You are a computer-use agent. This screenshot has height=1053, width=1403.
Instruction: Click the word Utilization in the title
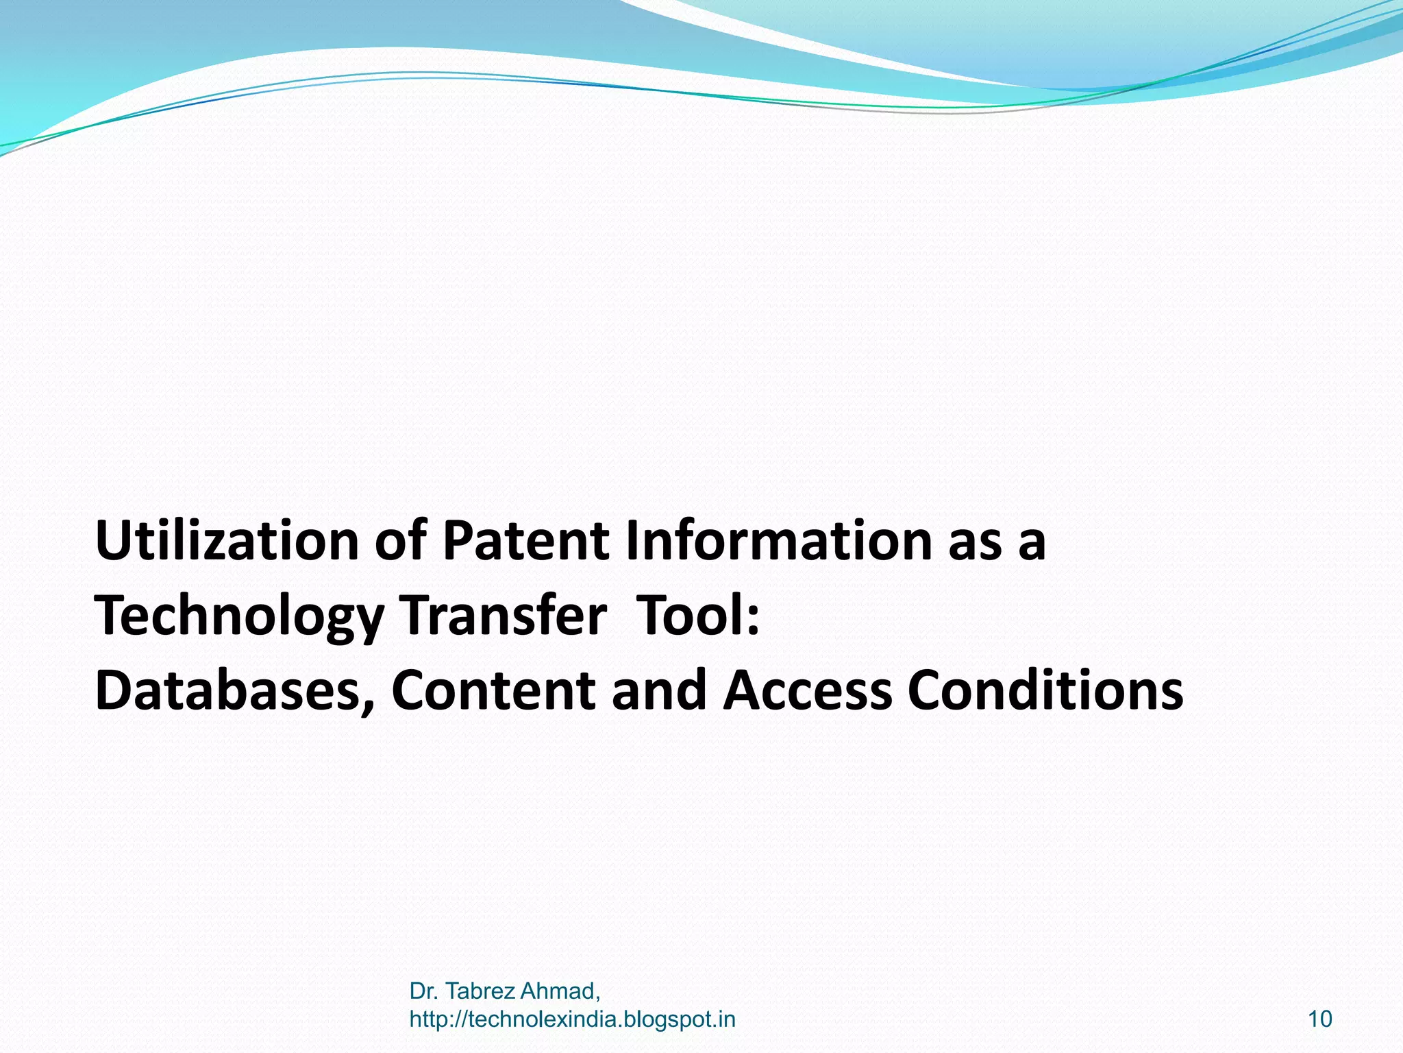pyautogui.click(x=227, y=541)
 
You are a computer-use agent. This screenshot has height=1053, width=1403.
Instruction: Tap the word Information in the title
pyautogui.click(x=778, y=541)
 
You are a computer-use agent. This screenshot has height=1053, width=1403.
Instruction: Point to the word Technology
pyautogui.click(x=239, y=616)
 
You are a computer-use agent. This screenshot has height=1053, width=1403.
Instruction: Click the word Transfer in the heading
pyautogui.click(x=504, y=616)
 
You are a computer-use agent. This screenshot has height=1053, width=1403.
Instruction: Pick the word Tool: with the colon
pyautogui.click(x=698, y=616)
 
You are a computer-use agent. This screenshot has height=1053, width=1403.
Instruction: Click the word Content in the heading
pyautogui.click(x=493, y=690)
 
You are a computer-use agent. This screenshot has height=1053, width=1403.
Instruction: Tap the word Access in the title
pyautogui.click(x=808, y=690)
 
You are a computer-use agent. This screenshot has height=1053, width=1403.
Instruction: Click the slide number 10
pyautogui.click(x=1319, y=1019)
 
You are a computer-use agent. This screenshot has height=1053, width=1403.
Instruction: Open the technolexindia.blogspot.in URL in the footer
pyautogui.click(x=572, y=1019)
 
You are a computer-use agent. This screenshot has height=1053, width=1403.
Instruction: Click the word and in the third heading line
pyautogui.click(x=658, y=690)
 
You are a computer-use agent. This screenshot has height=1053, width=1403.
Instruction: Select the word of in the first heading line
pyautogui.click(x=400, y=541)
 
